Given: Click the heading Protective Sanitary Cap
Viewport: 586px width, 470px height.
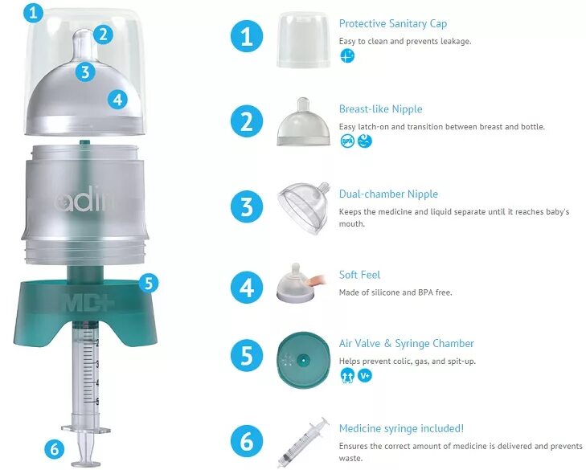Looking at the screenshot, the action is click(393, 23).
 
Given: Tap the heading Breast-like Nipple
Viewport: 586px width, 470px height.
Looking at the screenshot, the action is click(380, 108).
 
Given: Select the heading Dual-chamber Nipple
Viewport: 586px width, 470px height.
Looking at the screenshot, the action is click(388, 194).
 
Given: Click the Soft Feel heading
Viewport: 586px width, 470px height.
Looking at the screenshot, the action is click(359, 275).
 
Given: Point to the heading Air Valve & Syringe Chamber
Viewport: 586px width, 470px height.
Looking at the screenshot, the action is click(406, 343).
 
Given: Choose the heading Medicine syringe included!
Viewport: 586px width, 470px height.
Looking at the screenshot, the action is click(401, 428).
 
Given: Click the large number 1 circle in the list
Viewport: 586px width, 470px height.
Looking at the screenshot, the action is click(247, 37).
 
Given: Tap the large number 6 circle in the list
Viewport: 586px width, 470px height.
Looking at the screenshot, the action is click(247, 441).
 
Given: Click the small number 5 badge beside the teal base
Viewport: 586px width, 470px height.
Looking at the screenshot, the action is click(149, 283).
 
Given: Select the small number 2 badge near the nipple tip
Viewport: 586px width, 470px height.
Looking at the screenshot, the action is click(103, 35).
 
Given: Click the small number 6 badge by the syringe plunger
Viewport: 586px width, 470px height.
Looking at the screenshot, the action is click(54, 448).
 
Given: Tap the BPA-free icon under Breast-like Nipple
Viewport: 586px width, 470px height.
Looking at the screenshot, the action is click(347, 141).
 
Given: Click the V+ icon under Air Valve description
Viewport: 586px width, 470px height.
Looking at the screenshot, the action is click(365, 375).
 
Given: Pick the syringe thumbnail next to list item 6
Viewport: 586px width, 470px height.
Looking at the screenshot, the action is click(303, 442).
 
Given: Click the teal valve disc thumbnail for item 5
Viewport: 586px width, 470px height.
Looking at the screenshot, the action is click(303, 360).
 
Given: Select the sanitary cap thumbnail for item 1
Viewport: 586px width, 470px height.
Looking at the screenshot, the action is click(303, 39).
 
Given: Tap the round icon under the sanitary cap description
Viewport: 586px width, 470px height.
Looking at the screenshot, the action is click(347, 56).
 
